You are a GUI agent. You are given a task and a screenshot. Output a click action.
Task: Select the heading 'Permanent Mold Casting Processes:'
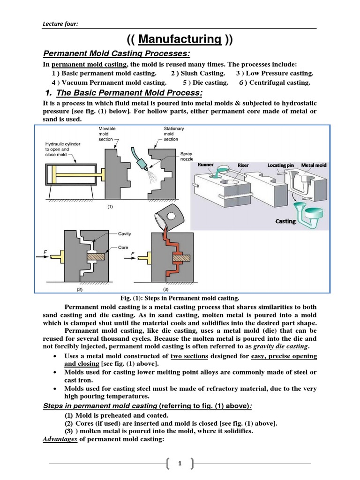coord(117,54)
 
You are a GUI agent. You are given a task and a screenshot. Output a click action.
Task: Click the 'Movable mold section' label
coord(107,134)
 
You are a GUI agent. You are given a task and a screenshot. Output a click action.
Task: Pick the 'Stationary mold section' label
coord(174,134)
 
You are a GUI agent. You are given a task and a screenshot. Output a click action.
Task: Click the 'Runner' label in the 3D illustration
coord(206,165)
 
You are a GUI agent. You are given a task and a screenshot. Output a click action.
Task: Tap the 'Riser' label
coord(243,165)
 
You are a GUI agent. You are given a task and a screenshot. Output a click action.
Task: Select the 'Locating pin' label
coord(280,165)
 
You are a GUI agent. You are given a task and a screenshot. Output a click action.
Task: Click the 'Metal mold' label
coord(314,165)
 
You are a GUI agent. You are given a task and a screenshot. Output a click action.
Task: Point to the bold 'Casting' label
coord(285,221)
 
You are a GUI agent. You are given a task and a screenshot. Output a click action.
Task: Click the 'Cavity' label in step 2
coord(124,233)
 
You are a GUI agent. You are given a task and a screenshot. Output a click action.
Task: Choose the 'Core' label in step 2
coord(123,247)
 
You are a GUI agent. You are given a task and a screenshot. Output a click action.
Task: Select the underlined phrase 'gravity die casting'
coord(280,346)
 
